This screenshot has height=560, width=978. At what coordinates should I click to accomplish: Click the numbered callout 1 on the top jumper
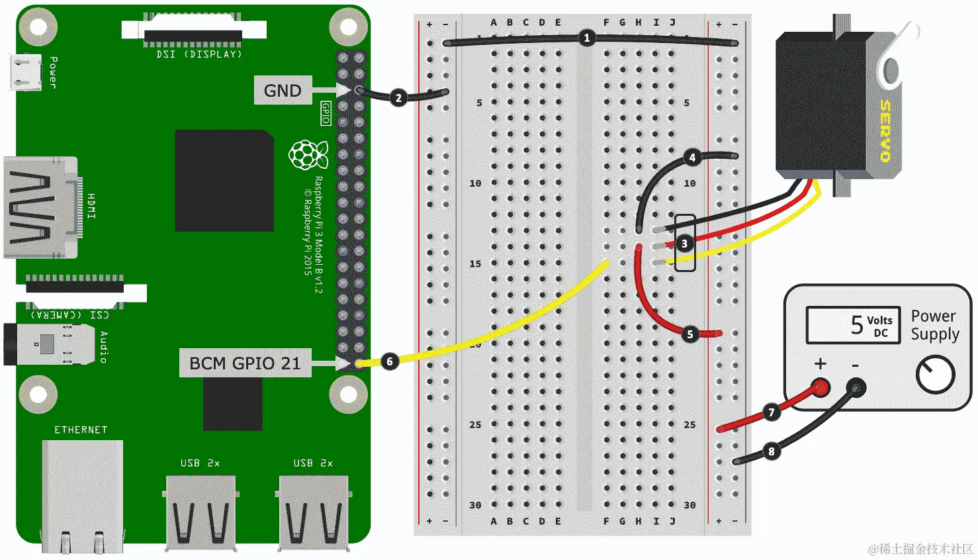click(586, 38)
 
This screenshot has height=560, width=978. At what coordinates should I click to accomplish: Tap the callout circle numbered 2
click(398, 98)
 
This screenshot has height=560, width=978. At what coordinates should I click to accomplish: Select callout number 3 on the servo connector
click(684, 244)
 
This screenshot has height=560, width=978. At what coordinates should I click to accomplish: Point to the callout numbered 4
click(692, 158)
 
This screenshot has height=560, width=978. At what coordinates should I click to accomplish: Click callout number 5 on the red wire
click(689, 334)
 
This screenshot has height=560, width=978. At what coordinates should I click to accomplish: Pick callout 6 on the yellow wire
click(390, 361)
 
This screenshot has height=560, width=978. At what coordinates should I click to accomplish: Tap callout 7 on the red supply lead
click(771, 412)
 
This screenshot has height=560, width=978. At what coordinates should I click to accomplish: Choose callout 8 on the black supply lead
click(771, 451)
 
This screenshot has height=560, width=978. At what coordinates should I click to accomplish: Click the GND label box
click(283, 91)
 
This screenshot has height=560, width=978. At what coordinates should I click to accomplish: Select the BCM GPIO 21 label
click(245, 363)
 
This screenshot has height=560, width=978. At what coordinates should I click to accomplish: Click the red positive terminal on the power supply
click(821, 387)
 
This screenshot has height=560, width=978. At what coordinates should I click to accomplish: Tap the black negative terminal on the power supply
click(856, 387)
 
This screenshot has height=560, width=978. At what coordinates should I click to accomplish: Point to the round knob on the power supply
click(935, 375)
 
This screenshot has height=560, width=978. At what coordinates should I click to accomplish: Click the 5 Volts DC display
click(853, 325)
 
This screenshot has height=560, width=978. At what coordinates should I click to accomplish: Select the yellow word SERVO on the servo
click(885, 130)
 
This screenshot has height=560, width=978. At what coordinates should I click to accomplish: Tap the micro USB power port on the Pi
click(25, 71)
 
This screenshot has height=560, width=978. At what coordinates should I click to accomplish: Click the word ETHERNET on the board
click(81, 430)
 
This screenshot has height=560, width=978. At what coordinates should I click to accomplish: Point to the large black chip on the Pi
click(224, 181)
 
